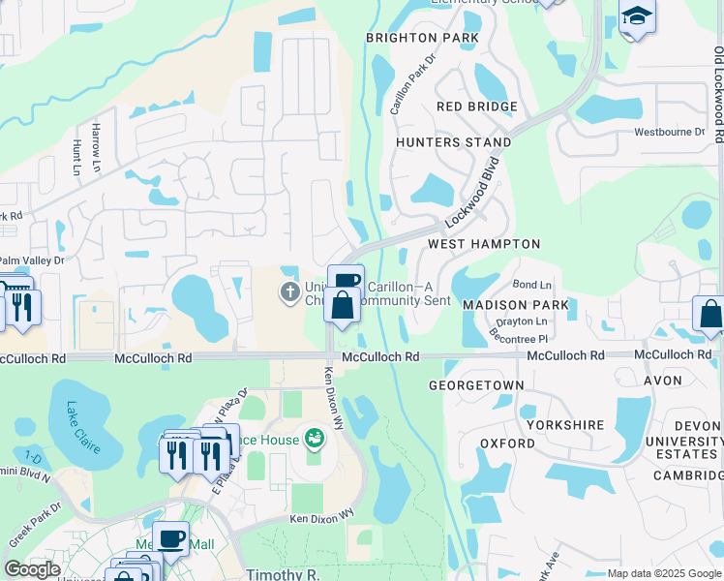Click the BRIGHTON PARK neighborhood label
pyautogui.click(x=422, y=38)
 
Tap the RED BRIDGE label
pyautogui.click(x=477, y=107)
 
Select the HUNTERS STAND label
pyautogui.click(x=454, y=142)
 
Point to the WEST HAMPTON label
pyautogui.click(x=484, y=244)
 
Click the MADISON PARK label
pyautogui.click(x=516, y=304)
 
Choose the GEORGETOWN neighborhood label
pyautogui.click(x=476, y=385)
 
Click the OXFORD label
pyautogui.click(x=507, y=443)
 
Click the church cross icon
pyautogui.click(x=289, y=291)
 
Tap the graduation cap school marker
pyautogui.click(x=637, y=15)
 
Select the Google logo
pyautogui.click(x=32, y=569)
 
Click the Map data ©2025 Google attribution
pyautogui.click(x=663, y=573)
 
